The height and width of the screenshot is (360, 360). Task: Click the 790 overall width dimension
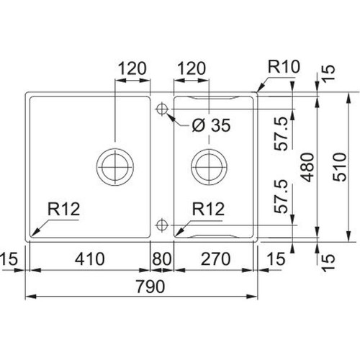coord(150,287)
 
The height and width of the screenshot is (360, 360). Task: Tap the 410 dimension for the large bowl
coord(89,259)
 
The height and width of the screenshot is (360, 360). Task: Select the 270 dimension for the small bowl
coord(215,259)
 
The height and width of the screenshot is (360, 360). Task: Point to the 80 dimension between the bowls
coord(162,259)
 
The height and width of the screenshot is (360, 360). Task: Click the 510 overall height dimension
coord(340,167)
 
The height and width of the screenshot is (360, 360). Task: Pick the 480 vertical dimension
coord(307,167)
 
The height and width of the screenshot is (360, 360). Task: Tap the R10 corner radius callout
coord(284,66)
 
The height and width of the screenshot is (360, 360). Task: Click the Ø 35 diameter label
coord(211,125)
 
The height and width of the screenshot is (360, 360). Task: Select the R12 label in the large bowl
coord(63,209)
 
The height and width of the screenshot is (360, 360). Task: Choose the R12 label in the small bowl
coord(208,209)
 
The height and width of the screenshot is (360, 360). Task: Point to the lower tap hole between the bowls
coord(162,225)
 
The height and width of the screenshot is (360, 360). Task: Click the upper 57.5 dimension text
coord(281,134)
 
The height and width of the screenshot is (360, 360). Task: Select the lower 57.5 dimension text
coord(281,197)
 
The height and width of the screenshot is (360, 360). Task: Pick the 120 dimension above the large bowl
coord(132,68)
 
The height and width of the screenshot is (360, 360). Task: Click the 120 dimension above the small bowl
coord(192,68)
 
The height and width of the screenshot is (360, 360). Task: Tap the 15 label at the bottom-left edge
coord(9,259)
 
